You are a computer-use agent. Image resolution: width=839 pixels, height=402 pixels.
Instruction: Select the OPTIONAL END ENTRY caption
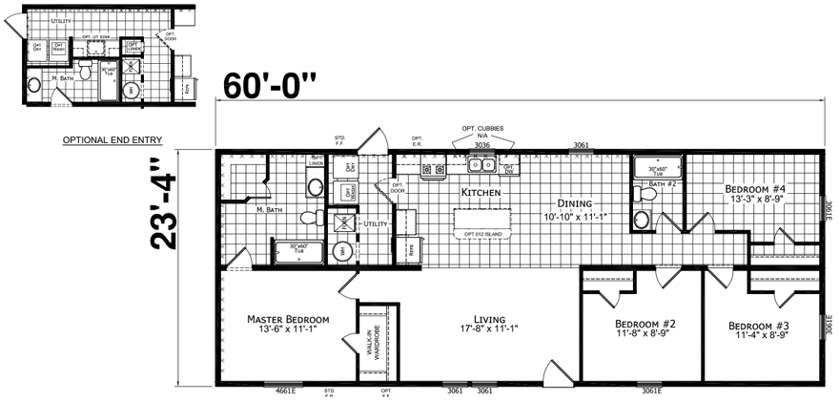click(x=113, y=140)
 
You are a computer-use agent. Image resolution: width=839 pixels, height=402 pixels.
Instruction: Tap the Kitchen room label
click(x=481, y=192)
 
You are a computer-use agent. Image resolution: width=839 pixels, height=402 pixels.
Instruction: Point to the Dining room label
click(x=576, y=203)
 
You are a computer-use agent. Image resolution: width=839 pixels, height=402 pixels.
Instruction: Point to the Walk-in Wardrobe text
click(x=372, y=341)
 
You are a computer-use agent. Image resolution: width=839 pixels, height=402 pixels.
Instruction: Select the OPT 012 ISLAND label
click(x=482, y=234)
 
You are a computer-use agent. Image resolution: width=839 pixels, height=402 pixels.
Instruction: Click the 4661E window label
click(x=286, y=391)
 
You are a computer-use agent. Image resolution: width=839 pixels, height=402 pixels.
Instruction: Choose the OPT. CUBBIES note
click(x=482, y=128)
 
